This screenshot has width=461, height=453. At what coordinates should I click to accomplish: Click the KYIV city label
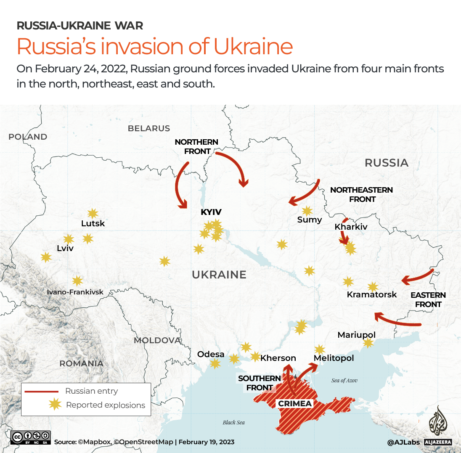[x=211, y=212]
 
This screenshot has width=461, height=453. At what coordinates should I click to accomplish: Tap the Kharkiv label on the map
[x=351, y=227]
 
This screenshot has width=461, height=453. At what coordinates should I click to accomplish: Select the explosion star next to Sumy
[x=307, y=211]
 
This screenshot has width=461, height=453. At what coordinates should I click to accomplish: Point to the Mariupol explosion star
[x=368, y=343]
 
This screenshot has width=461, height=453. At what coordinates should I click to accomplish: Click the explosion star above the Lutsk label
[x=93, y=213]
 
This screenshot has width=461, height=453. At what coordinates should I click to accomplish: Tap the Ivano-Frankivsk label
[x=75, y=292]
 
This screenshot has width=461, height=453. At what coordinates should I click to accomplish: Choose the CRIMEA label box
[x=295, y=404]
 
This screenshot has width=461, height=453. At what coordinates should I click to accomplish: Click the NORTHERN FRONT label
[x=196, y=146]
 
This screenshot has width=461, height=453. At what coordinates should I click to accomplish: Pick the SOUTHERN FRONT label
[x=260, y=383]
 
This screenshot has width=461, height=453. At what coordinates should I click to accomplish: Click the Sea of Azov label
[x=344, y=380]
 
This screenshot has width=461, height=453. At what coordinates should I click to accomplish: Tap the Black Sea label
[x=233, y=422]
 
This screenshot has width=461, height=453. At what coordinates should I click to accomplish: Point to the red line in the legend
[x=41, y=391]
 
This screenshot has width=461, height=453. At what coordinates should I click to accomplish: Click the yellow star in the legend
[x=55, y=405]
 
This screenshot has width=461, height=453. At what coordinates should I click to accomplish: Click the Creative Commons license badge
[x=31, y=437]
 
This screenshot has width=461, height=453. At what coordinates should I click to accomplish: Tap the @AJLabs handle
[x=404, y=442]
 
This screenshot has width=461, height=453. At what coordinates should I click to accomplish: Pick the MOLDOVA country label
[x=157, y=340]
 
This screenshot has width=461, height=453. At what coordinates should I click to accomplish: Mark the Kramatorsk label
[x=371, y=294]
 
